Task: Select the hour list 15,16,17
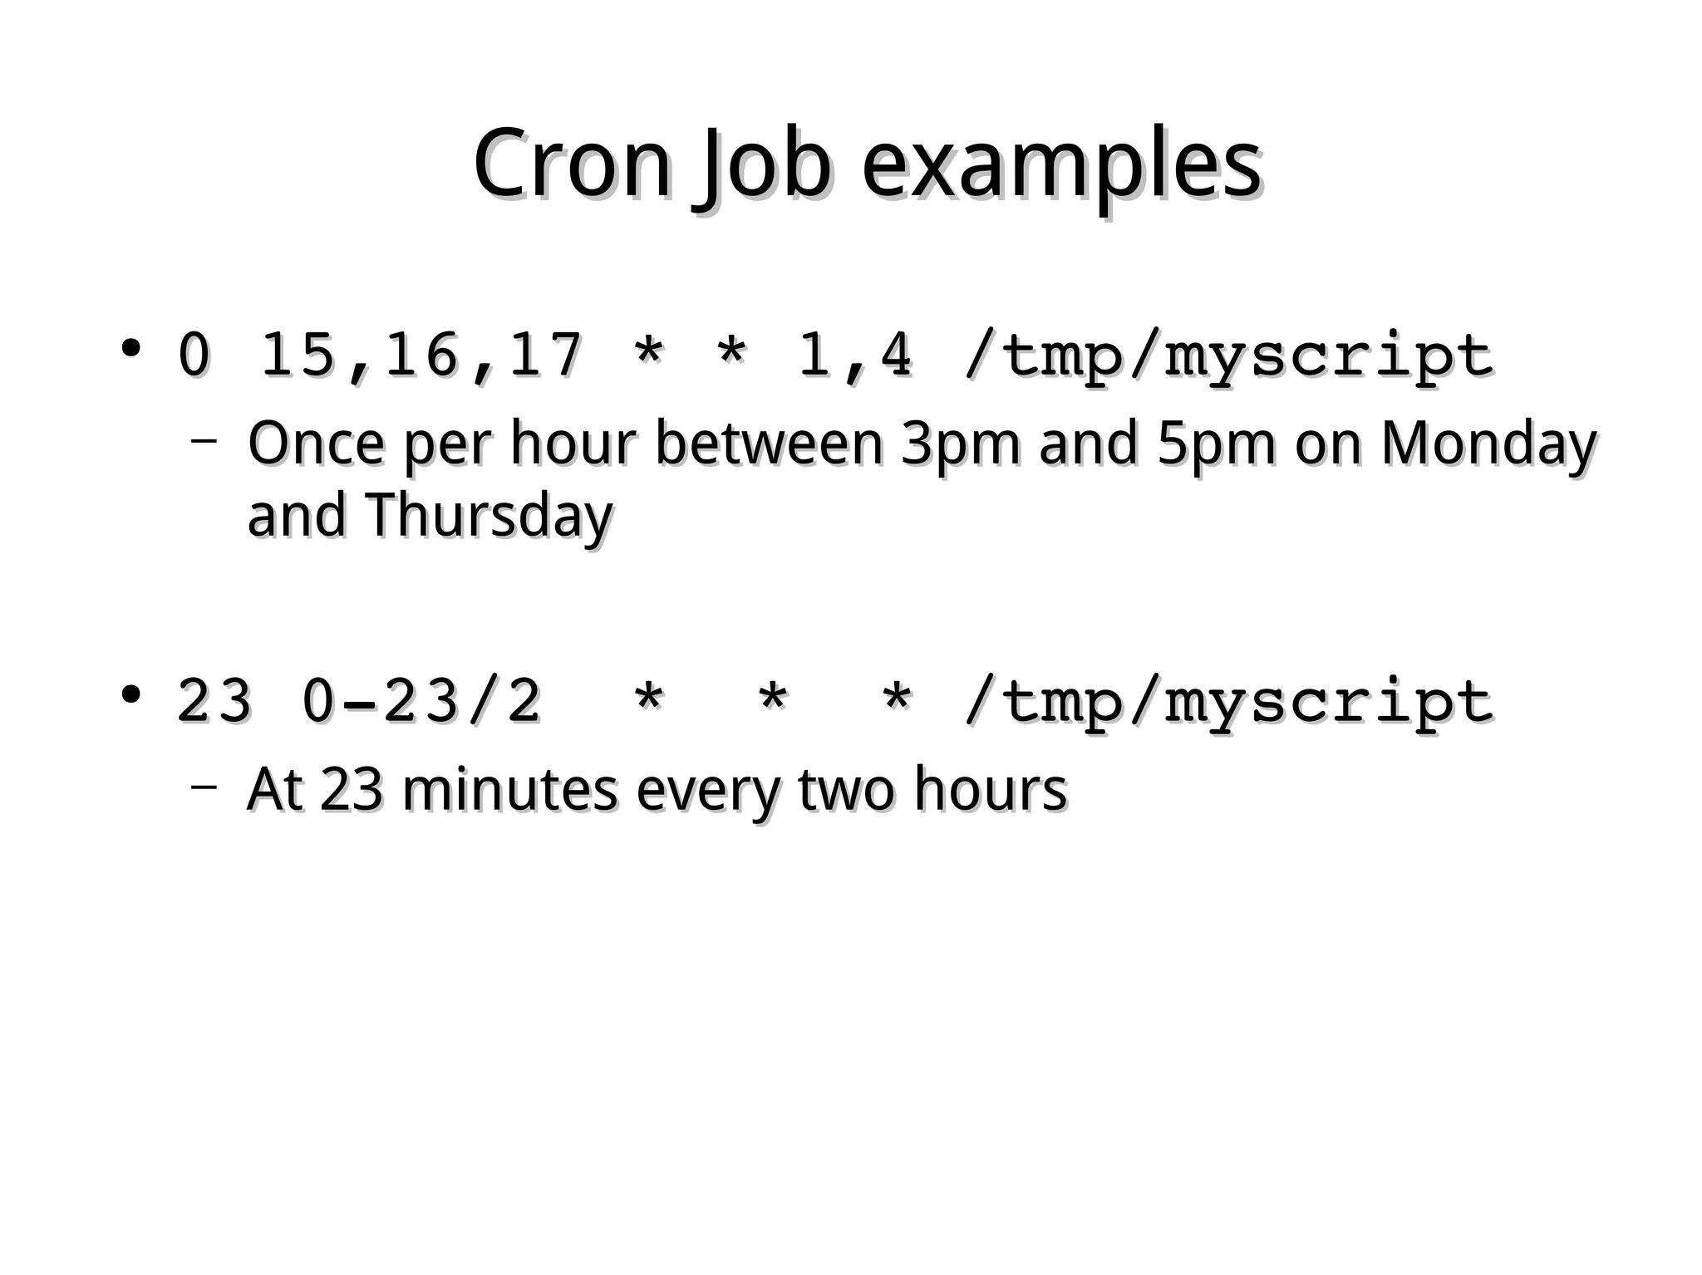coord(421,356)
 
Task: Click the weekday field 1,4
coord(854,356)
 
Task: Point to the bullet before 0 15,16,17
coord(130,348)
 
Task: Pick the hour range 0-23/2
coord(421,701)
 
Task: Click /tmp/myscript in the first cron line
coord(1228,356)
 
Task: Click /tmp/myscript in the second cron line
coord(1228,701)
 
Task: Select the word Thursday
coord(488,516)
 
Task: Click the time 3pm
coord(960,444)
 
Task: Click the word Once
coord(316,444)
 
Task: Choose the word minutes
coord(509,789)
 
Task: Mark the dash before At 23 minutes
coord(204,784)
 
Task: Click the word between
coord(769,444)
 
